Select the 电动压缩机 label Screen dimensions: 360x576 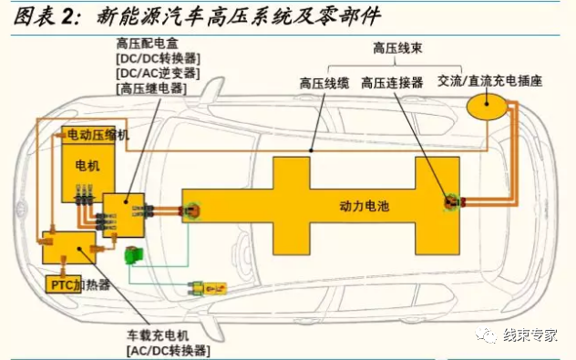click(x=99, y=135)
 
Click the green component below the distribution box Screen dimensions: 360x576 click(x=133, y=254)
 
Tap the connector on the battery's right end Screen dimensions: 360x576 click(x=449, y=202)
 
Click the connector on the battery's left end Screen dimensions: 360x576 click(x=191, y=211)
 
